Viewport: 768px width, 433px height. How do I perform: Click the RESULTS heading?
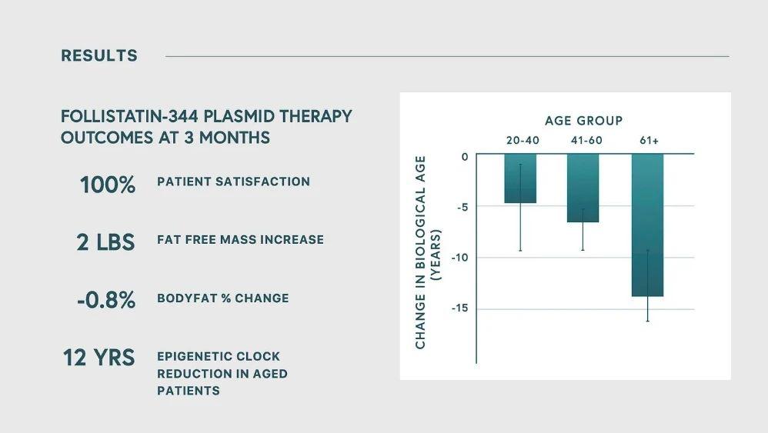point(99,56)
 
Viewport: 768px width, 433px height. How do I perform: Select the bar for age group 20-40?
point(520,178)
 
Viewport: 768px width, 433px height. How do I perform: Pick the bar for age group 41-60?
point(583,188)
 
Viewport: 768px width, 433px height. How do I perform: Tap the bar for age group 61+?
point(647,225)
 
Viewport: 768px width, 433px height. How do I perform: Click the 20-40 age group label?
point(523,141)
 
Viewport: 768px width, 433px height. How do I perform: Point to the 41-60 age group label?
point(587,141)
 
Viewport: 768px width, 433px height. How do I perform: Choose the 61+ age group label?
point(649,141)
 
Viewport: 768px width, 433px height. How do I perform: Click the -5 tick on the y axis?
point(462,207)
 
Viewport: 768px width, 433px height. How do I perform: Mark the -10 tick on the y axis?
point(460,258)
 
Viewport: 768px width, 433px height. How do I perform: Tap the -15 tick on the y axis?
point(460,308)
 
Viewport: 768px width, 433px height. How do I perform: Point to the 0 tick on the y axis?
point(465,157)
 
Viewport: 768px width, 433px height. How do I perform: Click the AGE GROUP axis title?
point(584,121)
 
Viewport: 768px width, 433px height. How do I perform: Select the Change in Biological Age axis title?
point(428,252)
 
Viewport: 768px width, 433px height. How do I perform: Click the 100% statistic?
point(107,185)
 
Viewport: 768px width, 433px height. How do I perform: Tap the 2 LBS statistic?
point(105,243)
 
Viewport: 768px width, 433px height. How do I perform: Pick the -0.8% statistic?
point(105,300)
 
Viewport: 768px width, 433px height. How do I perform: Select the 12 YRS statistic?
point(99,358)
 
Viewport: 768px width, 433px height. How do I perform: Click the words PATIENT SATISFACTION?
point(234,182)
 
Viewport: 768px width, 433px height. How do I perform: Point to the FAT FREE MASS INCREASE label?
point(241,240)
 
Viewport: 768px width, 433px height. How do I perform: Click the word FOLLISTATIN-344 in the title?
point(129,116)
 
